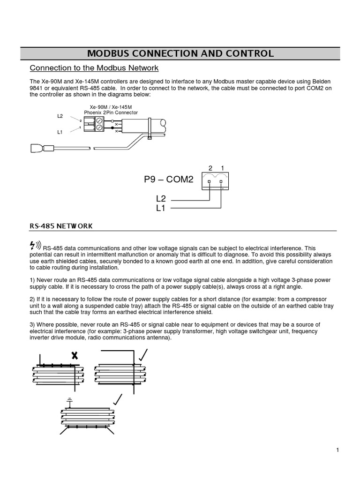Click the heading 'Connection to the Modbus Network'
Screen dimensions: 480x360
pos(94,68)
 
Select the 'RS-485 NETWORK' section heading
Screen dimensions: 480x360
pos(61,226)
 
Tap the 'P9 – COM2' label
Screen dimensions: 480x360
pos(168,180)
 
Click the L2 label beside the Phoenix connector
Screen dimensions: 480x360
pos(60,116)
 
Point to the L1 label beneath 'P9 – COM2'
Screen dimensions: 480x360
pos(161,208)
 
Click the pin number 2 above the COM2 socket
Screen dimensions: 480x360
pos(210,168)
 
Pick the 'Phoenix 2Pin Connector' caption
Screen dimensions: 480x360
pos(111,112)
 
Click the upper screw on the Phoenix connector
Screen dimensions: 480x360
pos(99,121)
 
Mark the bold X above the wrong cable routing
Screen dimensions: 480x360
pos(73,355)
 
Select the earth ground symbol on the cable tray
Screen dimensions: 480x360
pos(70,401)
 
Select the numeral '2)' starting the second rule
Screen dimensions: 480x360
pos(32,299)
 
